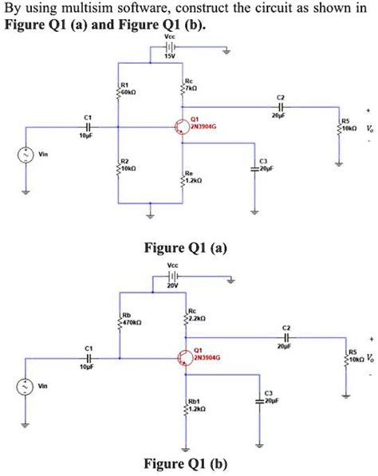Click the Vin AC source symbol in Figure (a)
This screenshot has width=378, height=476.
25,155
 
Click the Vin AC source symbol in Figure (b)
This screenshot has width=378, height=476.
25,386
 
